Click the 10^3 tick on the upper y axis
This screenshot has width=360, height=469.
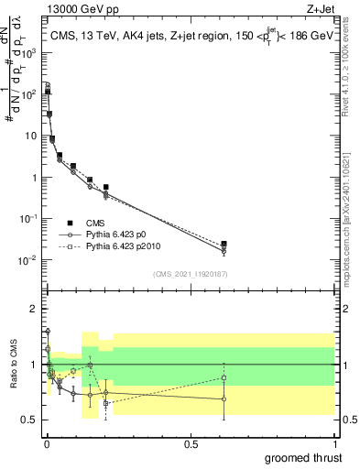(x=29, y=52)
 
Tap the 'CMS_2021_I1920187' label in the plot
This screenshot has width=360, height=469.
(x=190, y=274)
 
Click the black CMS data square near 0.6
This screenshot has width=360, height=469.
(x=224, y=245)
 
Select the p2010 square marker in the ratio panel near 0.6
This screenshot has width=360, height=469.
(x=224, y=377)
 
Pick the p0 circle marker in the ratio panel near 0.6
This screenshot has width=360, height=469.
(x=224, y=398)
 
